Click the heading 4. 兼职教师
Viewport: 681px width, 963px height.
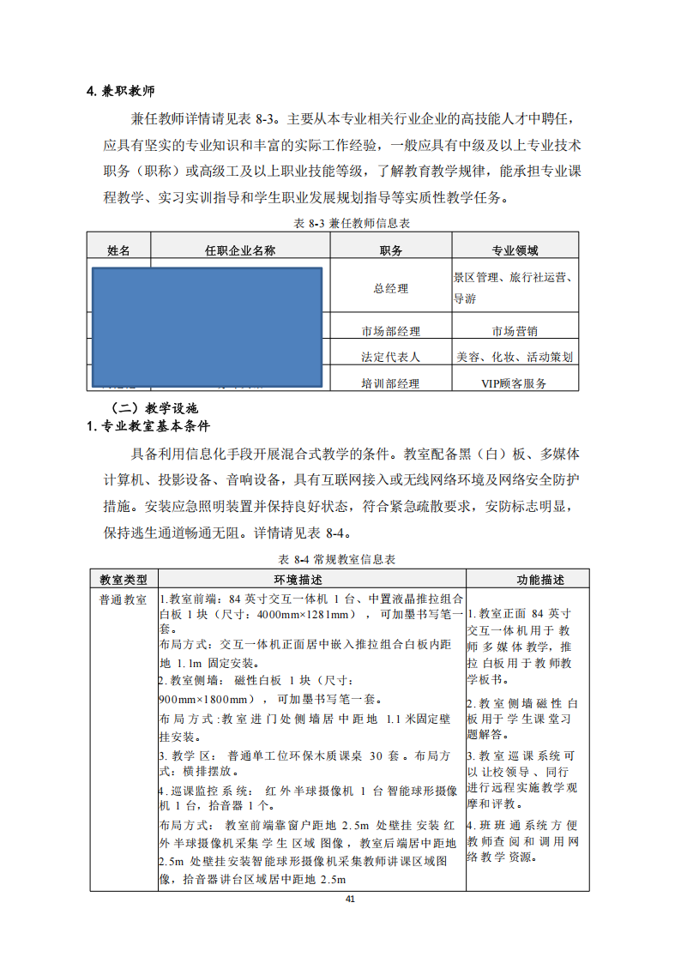(x=121, y=91)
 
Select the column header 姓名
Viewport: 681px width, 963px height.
(x=118, y=250)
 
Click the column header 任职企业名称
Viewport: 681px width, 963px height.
(x=239, y=250)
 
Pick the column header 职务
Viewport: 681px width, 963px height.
(x=390, y=250)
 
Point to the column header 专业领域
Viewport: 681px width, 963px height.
(x=514, y=250)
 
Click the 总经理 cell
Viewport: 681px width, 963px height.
(x=390, y=289)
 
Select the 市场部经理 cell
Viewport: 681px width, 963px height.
(x=390, y=331)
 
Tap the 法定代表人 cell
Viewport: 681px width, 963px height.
(x=390, y=357)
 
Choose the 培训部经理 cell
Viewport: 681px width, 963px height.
(x=390, y=383)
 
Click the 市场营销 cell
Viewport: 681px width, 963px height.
(x=514, y=331)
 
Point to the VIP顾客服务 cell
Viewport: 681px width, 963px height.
(x=514, y=383)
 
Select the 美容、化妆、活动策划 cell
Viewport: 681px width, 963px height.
(x=514, y=357)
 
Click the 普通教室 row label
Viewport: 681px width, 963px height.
(x=124, y=599)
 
